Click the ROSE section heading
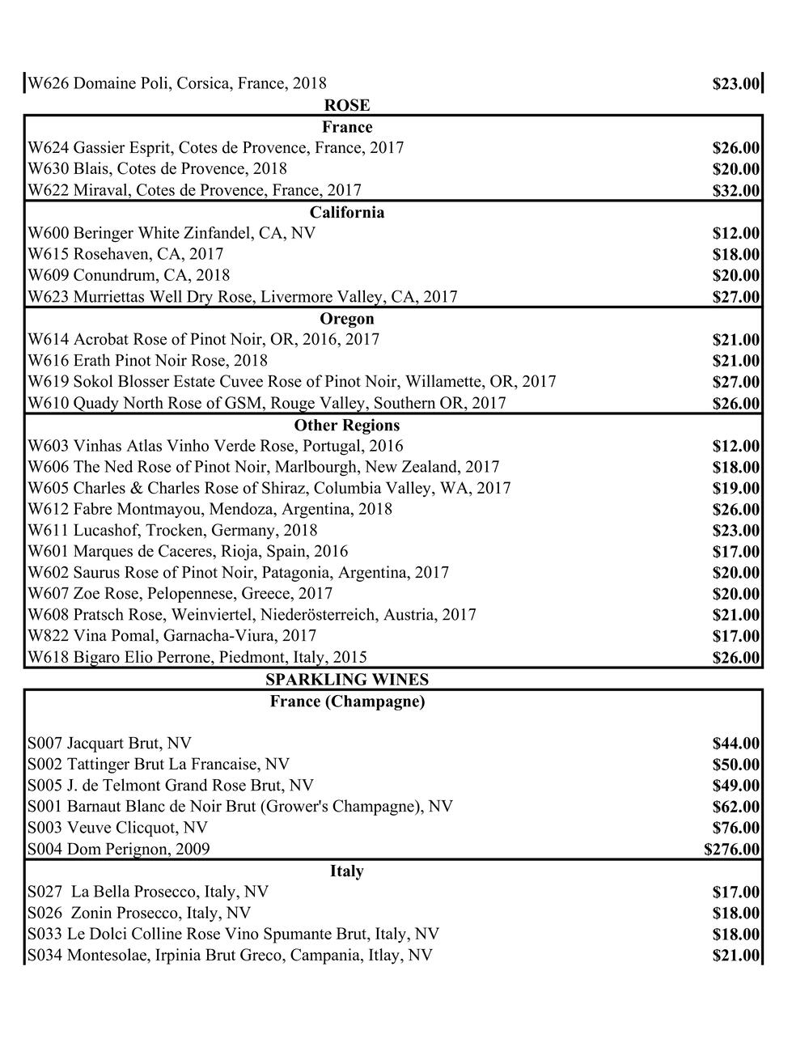pos(346,105)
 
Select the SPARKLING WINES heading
pos(346,680)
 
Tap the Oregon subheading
pos(346,319)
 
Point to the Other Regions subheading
pos(346,425)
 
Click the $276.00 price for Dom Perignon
pos(731,849)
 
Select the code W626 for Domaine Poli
pos(49,83)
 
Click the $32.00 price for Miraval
pos(735,191)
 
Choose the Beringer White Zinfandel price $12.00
pos(735,234)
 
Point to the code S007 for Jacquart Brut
pos(45,743)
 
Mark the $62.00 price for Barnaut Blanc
pos(735,807)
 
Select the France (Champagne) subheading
pos(346,702)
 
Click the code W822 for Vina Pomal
pos(49,636)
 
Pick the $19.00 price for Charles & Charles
pos(735,488)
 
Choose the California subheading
pos(346,212)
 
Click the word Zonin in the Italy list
pos(94,913)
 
